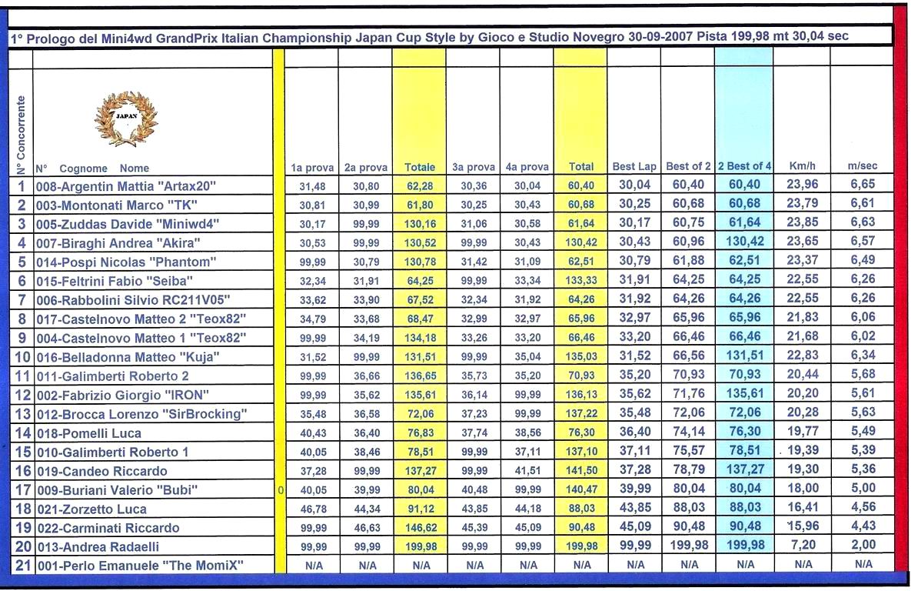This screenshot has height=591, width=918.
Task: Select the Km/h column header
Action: click(x=801, y=166)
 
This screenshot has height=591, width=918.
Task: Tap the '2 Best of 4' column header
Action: click(x=744, y=166)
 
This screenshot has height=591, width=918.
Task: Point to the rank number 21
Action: click(x=21, y=566)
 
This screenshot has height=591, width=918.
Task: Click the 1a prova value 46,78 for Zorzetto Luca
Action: click(x=313, y=509)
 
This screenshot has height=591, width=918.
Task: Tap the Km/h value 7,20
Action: click(x=801, y=546)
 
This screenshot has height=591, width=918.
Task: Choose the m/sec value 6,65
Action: click(x=862, y=186)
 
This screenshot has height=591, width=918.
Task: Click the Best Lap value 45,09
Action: click(x=634, y=528)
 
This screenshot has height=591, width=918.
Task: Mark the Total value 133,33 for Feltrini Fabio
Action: click(x=581, y=281)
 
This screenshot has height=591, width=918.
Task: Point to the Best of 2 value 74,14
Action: click(x=688, y=433)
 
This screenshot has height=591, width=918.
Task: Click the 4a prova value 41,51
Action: click(x=528, y=471)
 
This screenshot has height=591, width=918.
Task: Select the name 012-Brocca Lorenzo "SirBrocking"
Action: click(x=141, y=414)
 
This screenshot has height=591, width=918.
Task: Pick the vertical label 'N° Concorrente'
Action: click(x=21, y=135)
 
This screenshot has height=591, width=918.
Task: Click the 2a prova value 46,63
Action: click(x=367, y=528)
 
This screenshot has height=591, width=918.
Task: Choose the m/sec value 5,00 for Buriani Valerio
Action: click(x=862, y=490)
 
